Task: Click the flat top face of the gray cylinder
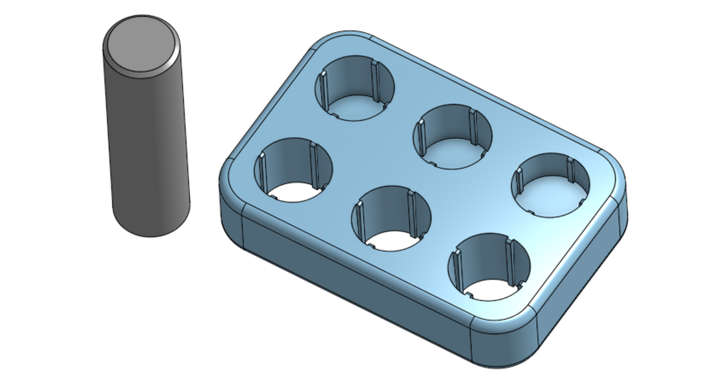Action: [141, 45]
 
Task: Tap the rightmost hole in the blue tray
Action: [551, 184]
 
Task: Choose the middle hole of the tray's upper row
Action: [453, 137]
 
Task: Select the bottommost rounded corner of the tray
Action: [505, 344]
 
